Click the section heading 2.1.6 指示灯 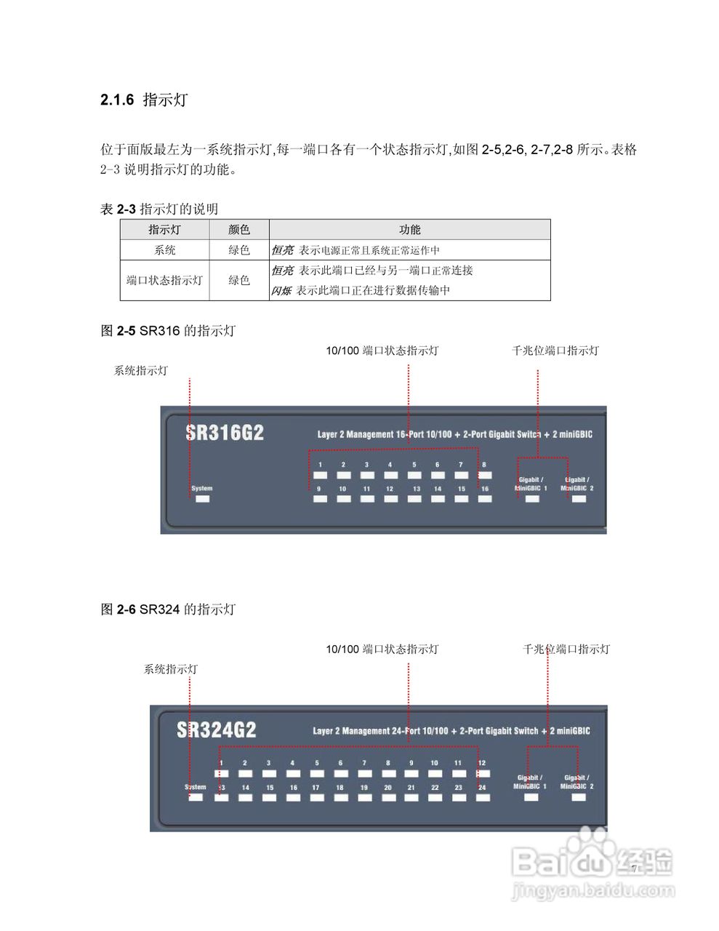(x=144, y=100)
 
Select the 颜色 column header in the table (x=238, y=230)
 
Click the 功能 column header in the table (x=409, y=230)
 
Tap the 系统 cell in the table (x=165, y=250)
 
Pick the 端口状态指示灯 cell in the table (x=165, y=280)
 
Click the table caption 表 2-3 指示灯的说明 (x=159, y=209)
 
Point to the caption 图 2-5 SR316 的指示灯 (x=168, y=331)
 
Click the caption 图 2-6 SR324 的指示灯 (x=168, y=610)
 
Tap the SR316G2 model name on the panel (x=225, y=433)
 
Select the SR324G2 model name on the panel (x=217, y=730)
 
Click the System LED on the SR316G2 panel (x=203, y=499)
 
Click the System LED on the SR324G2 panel (x=196, y=797)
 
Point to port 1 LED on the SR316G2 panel (x=320, y=476)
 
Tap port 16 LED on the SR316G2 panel (x=485, y=499)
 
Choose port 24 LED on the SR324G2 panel (x=482, y=798)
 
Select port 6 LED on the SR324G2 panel (x=340, y=774)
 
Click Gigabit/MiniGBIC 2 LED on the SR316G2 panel (x=578, y=499)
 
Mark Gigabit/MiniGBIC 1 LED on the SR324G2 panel (x=531, y=797)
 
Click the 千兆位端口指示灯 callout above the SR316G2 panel (x=555, y=351)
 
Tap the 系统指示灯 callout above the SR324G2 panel (x=170, y=669)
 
